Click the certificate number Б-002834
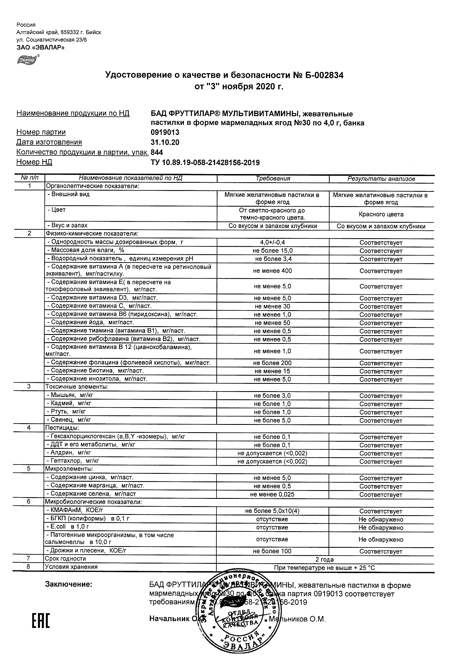[x=324, y=75]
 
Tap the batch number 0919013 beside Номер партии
[x=165, y=132]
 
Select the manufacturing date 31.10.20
[x=165, y=143]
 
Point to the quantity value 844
[x=157, y=152]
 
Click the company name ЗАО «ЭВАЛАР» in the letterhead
[x=40, y=47]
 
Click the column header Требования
[x=273, y=179]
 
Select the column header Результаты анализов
[x=381, y=179]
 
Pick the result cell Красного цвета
[x=381, y=214]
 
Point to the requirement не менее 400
[x=272, y=271]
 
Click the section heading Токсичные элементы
[x=76, y=387]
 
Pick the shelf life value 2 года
[x=324, y=559]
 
